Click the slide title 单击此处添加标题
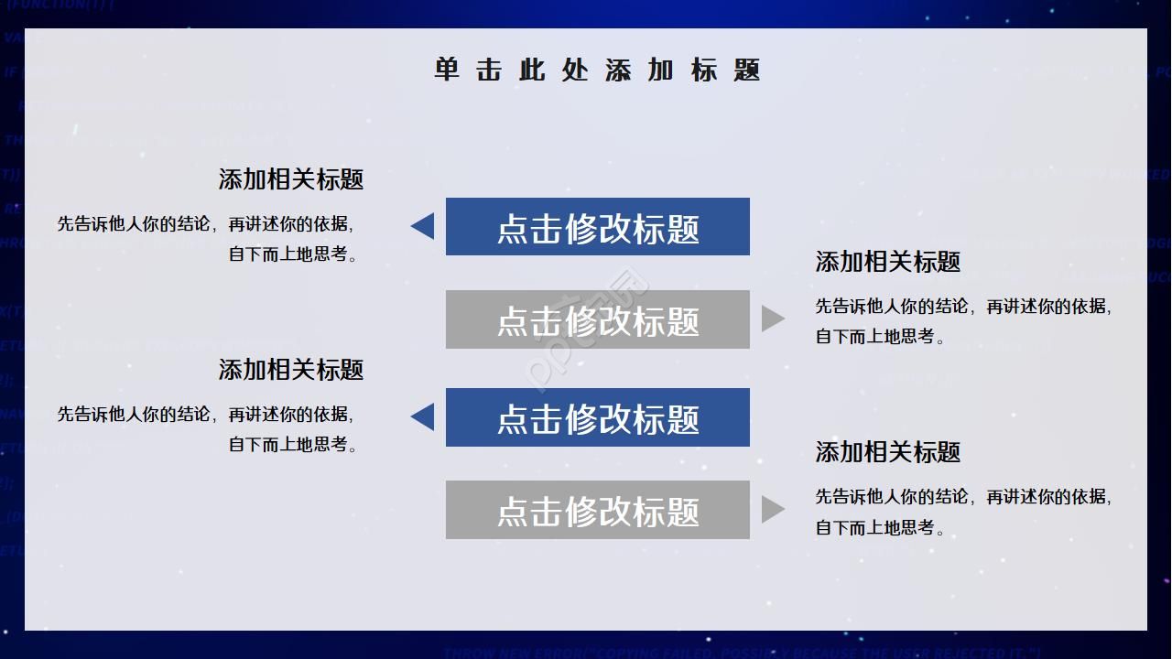tap(597, 70)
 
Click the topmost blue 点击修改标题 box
tap(597, 227)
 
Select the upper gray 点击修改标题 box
tap(597, 319)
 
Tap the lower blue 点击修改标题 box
tap(597, 417)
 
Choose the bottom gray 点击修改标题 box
tap(597, 510)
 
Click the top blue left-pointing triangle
tap(424, 226)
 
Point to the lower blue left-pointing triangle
tap(424, 417)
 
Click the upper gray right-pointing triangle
tap(772, 319)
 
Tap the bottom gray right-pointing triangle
tap(772, 510)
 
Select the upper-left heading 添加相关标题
tap(291, 179)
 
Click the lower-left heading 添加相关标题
tap(291, 370)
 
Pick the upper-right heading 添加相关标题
tap(887, 262)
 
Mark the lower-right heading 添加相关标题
tap(887, 452)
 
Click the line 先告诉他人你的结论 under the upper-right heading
tap(963, 307)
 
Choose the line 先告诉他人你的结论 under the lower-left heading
tap(205, 415)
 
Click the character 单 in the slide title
tap(447, 70)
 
